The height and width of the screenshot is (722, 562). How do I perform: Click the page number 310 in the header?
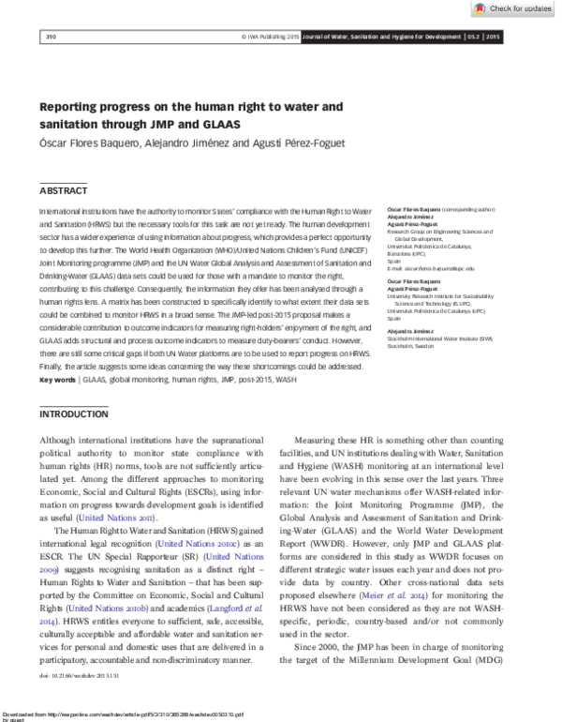[52, 37]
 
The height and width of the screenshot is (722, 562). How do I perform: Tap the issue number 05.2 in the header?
[475, 37]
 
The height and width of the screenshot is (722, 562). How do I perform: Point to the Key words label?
[58, 380]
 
